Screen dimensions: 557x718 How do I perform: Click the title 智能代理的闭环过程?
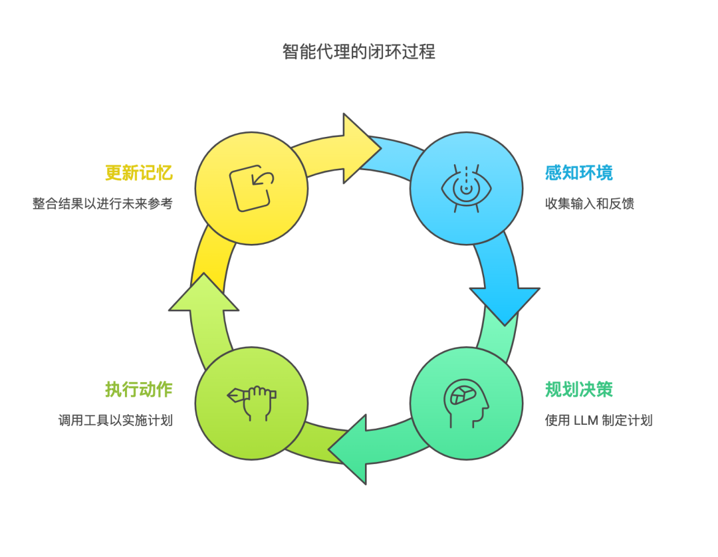pos(358,52)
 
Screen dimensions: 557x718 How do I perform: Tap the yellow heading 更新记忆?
pos(138,173)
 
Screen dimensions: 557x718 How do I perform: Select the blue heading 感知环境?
pos(578,173)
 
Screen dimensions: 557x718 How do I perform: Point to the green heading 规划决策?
pos(578,390)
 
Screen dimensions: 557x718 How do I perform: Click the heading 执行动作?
pos(138,390)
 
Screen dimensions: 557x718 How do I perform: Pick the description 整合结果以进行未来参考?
pos(102,203)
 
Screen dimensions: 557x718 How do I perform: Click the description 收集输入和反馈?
pos(590,203)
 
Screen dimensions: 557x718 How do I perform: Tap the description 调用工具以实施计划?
pos(115,420)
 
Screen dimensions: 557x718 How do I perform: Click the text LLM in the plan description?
pos(586,420)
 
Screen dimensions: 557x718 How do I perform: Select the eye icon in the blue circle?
pos(467,189)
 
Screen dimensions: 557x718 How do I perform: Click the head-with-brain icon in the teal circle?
pos(466,403)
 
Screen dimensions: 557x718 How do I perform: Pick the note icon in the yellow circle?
pos(251,187)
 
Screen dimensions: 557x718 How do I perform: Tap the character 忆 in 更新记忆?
pos(164,173)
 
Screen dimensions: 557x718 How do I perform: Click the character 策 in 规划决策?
pos(604,390)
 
